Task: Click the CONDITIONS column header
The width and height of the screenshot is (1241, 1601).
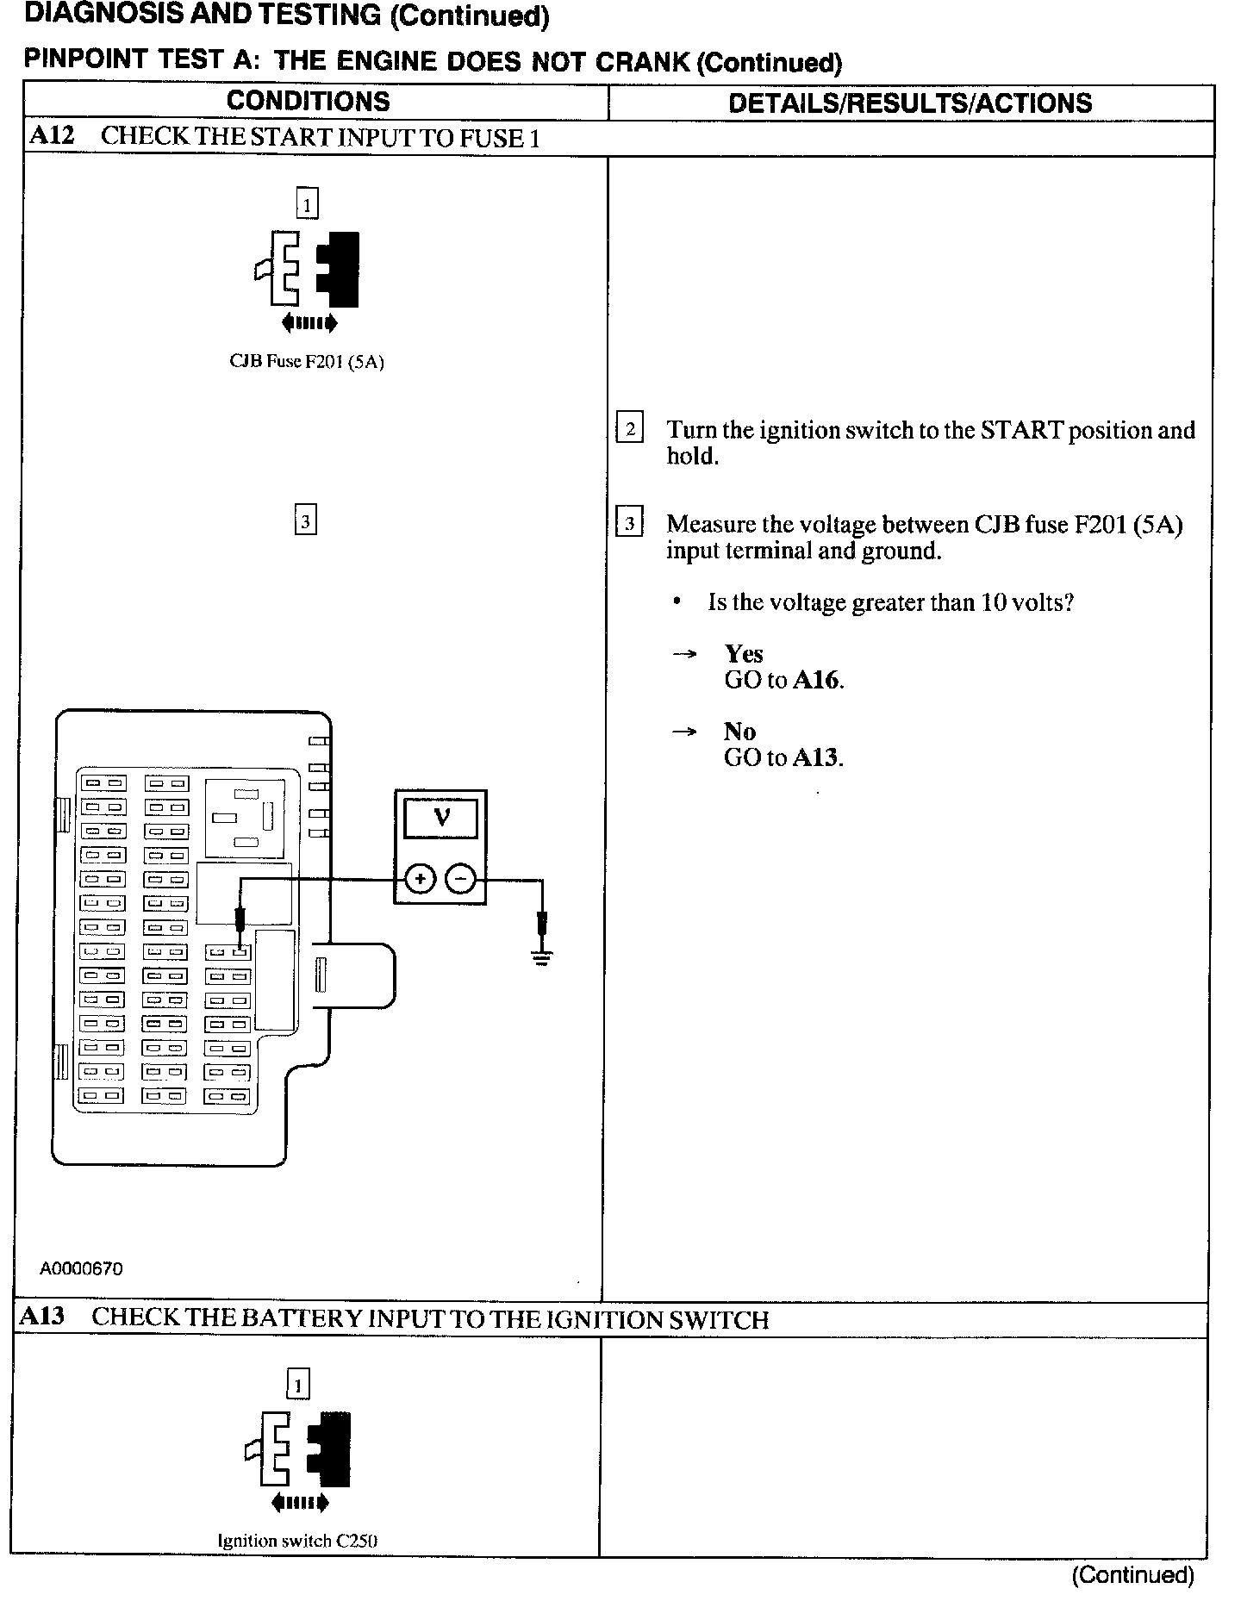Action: (x=308, y=102)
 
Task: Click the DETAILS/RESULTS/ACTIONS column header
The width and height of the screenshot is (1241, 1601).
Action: (x=910, y=103)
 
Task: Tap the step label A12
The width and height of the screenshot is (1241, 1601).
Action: (x=52, y=137)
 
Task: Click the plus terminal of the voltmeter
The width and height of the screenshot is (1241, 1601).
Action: (x=420, y=879)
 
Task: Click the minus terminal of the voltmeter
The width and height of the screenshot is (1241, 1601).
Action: (x=461, y=879)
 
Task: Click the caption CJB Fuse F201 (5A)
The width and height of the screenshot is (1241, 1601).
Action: (x=306, y=362)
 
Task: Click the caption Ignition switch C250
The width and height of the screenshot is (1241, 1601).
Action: (x=297, y=1541)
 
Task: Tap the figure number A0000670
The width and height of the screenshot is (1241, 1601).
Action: (x=81, y=1268)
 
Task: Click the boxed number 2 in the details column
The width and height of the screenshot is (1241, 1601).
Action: (x=630, y=428)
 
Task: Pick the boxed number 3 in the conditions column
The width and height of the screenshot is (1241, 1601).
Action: (x=305, y=521)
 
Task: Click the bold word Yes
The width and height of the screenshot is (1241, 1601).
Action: (x=744, y=653)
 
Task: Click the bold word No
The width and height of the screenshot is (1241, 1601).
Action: (x=739, y=731)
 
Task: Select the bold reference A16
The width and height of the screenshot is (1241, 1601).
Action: (x=815, y=680)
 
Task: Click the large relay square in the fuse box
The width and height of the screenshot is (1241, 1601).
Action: (x=245, y=818)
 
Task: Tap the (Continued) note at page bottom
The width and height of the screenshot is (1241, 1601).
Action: (x=1132, y=1575)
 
